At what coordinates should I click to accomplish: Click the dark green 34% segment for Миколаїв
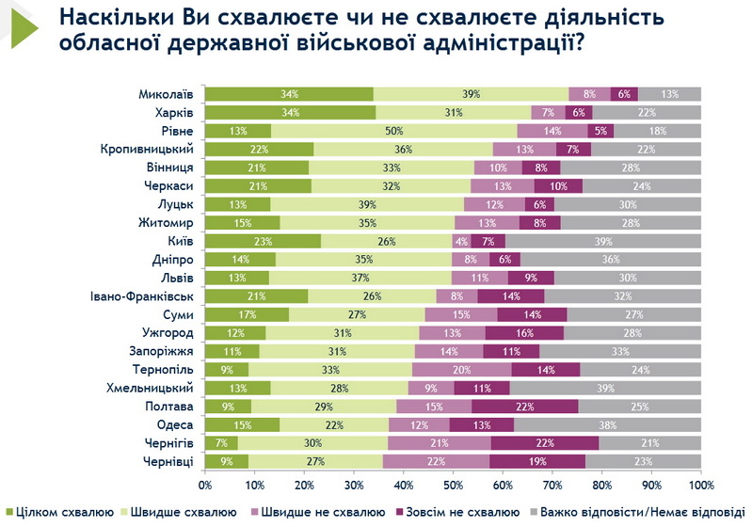coord(289,94)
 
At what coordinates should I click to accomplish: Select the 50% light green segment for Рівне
coord(393,130)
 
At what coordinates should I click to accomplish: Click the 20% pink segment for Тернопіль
coord(461,369)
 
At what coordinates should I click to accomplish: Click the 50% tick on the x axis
coord(454,487)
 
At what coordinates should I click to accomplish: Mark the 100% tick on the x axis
coord(701,487)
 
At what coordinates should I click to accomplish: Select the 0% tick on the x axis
coord(205,487)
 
